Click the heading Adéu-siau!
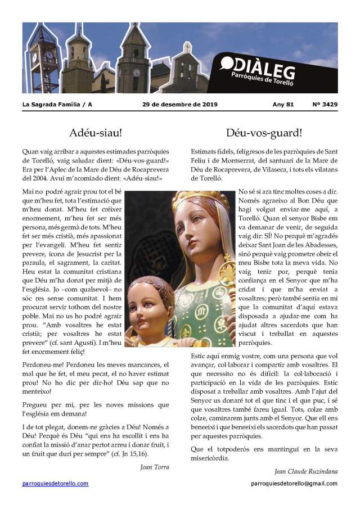coord(96,133)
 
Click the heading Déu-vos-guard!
coord(264,133)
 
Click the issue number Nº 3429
coord(325,105)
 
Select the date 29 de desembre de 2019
coord(180,105)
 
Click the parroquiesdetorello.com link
coord(55,483)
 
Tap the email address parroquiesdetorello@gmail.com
coord(294,483)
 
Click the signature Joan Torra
coord(155,466)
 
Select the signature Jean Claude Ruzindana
coord(306,471)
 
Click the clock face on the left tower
coord(34,57)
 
